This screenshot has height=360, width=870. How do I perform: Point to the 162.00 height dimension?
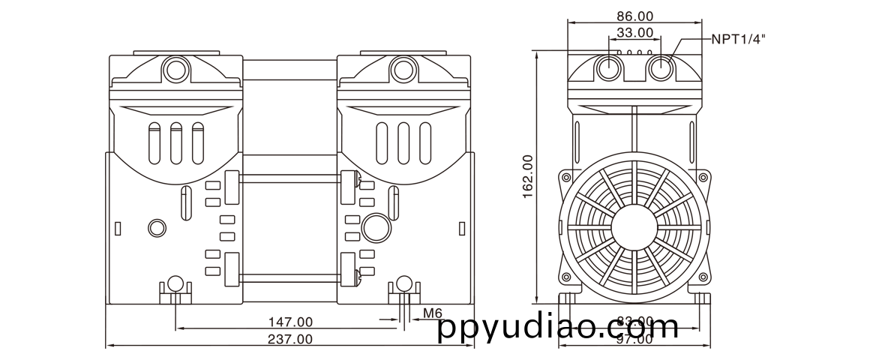pos(527,177)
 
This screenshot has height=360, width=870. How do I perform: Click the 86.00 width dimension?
pos(634,16)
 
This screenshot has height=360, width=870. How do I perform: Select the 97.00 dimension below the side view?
pos(634,339)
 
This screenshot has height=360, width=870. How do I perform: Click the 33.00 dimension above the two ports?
pos(634,32)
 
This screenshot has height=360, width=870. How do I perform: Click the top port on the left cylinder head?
pos(177,69)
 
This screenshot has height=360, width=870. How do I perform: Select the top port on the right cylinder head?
pos(403,69)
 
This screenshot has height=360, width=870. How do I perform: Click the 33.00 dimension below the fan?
pos(634,322)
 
